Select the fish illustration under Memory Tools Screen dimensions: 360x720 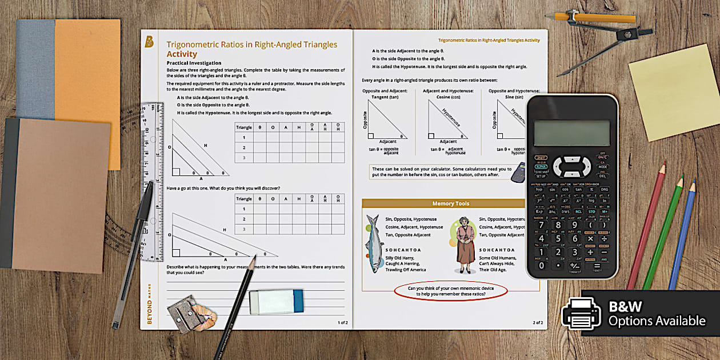(374, 243)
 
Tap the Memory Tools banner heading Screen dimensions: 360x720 (443, 203)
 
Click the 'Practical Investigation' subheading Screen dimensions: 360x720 (194, 63)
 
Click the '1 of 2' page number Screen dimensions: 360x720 (342, 322)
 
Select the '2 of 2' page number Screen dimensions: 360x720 (537, 322)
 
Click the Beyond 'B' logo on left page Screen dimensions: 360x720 (149, 41)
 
